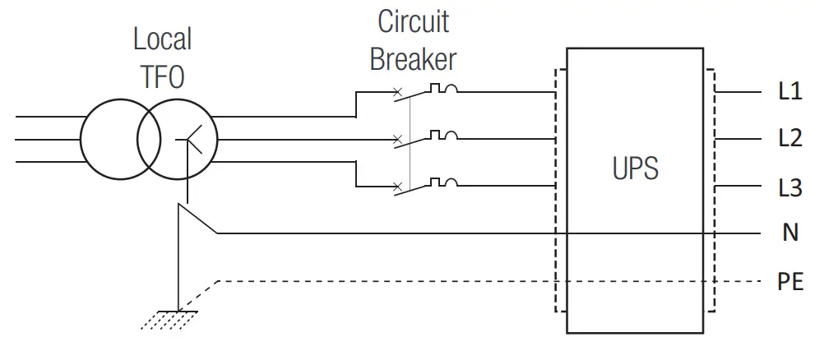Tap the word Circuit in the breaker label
pyautogui.click(x=414, y=21)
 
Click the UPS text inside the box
pyautogui.click(x=636, y=169)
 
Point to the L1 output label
pyautogui.click(x=789, y=92)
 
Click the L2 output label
pyautogui.click(x=789, y=139)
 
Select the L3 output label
pyautogui.click(x=789, y=187)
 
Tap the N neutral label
pyautogui.click(x=790, y=233)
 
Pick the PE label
pyautogui.click(x=790, y=282)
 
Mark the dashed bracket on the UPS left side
pyautogui.click(x=558, y=189)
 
